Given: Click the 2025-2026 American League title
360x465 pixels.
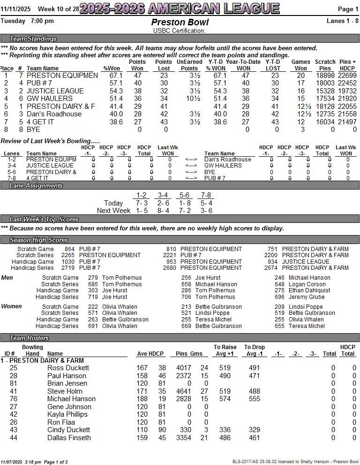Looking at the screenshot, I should [180, 8].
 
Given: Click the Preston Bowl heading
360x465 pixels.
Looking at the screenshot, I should [180, 23].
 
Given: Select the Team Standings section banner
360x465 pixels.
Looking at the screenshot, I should [33, 39].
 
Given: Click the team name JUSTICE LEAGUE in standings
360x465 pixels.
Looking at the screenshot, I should [55, 91].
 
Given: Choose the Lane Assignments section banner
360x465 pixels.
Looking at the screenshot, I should [36, 186].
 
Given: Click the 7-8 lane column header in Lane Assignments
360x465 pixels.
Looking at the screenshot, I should [205, 195].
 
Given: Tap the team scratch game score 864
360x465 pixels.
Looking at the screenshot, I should [69, 249].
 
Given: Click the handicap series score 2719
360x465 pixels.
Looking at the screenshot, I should [68, 268].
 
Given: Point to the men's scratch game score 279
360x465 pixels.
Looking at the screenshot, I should [93, 278].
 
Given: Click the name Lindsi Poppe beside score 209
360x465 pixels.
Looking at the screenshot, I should [305, 307].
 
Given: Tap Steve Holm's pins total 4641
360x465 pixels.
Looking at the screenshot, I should [184, 391].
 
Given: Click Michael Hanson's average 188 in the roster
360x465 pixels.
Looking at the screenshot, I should [142, 399].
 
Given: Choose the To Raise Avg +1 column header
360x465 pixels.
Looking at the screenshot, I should [225, 351].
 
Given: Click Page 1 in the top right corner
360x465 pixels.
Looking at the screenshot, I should [348, 9].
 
